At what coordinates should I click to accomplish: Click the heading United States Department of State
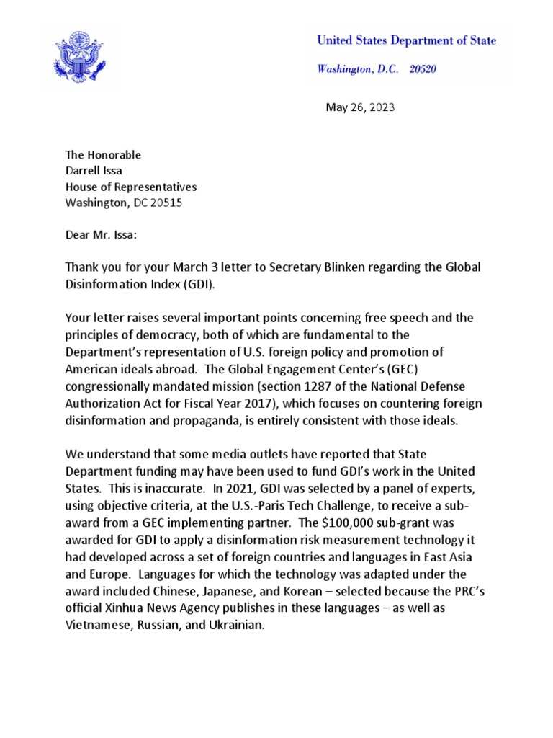(406, 41)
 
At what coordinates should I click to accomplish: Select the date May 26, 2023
(360, 108)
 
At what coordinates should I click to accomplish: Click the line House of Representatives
(130, 187)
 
